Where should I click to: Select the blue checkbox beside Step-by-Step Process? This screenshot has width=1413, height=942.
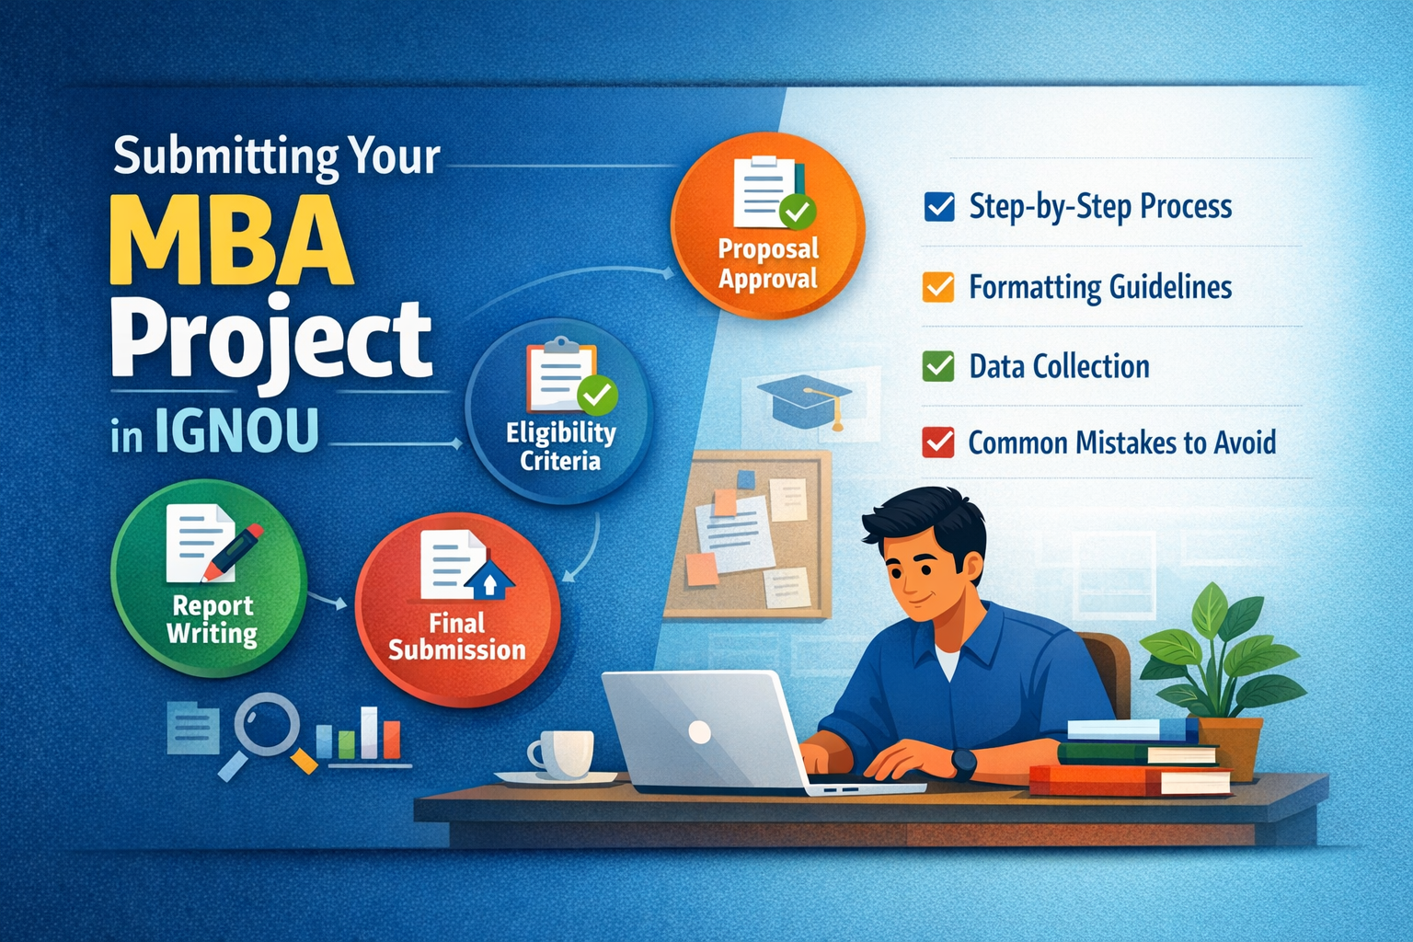coord(938,207)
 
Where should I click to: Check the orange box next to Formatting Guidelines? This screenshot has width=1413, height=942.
coord(938,287)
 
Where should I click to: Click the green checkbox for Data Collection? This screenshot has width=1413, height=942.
coord(938,366)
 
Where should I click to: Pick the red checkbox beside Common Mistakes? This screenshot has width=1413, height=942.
coord(938,442)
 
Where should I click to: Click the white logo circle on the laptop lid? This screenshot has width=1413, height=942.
coord(699,732)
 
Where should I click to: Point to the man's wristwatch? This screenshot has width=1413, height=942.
coord(963,764)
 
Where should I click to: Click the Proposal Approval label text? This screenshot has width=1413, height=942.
coord(768,264)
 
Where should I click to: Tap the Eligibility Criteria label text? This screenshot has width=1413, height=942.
coord(560,447)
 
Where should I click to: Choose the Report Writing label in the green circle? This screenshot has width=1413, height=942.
coord(212,620)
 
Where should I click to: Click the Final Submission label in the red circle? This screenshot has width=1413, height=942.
coord(456,637)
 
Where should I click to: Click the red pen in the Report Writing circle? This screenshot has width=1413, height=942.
coord(232,552)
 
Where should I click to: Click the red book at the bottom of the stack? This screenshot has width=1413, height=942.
coord(1129,780)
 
